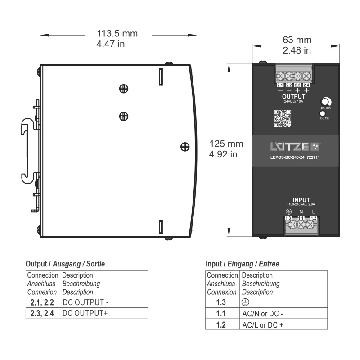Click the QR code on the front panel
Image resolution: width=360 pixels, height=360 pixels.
click(x=280, y=117)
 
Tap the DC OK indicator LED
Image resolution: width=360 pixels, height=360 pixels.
click(x=323, y=114)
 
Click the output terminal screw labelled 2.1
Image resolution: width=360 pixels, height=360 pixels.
click(x=280, y=76)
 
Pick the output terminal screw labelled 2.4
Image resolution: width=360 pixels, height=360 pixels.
click(x=306, y=76)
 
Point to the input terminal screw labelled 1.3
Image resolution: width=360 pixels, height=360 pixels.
click(x=289, y=224)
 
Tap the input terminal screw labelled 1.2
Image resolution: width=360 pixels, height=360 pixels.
click(x=314, y=224)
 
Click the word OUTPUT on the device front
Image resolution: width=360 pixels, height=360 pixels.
click(x=293, y=96)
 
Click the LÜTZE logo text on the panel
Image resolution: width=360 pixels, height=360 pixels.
click(x=290, y=146)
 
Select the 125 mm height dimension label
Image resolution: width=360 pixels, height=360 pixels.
click(x=226, y=144)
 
